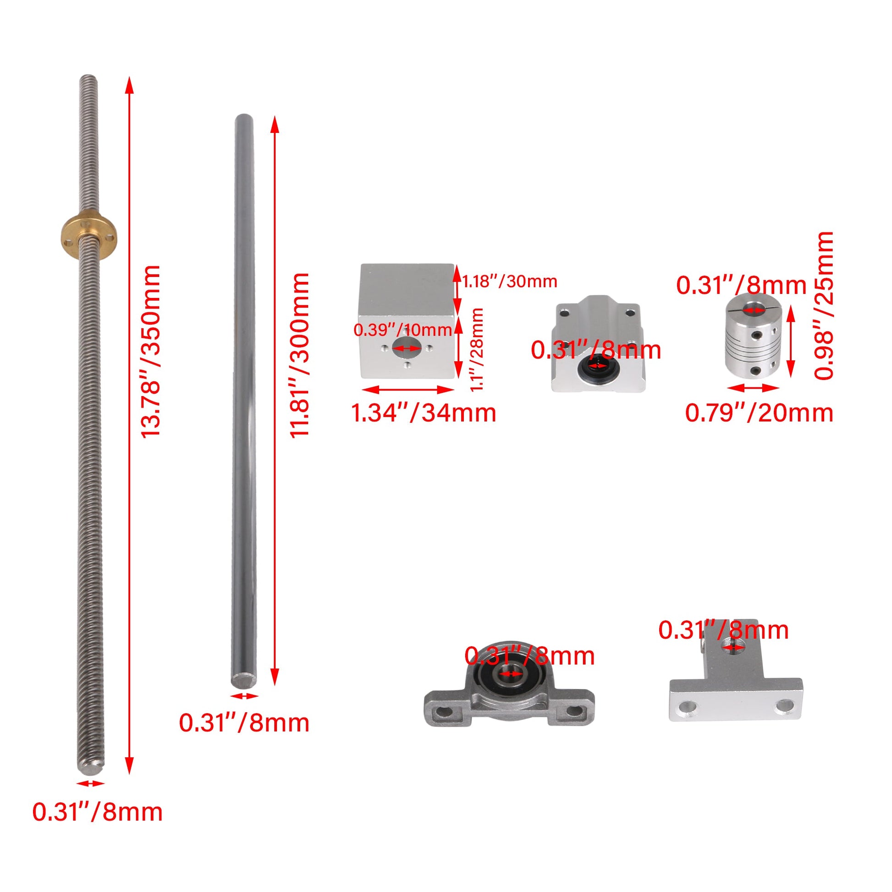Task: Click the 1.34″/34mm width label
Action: click(424, 413)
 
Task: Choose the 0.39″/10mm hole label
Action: click(402, 330)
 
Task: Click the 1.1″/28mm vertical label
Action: click(476, 350)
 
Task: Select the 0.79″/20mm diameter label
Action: click(759, 413)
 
